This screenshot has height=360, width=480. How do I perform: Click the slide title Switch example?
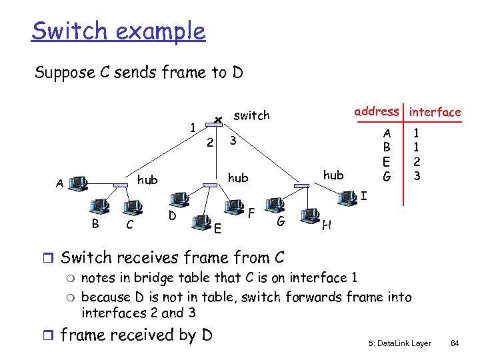point(119,31)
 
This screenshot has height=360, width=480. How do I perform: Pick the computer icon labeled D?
point(178,199)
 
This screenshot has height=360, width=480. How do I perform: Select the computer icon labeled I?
point(347,197)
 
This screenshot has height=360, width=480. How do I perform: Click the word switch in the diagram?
point(251,115)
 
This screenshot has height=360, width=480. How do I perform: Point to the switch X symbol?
point(217,120)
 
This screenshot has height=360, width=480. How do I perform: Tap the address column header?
point(377,111)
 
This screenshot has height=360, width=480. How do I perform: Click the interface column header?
point(435,112)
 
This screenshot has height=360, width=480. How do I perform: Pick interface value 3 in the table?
point(417,176)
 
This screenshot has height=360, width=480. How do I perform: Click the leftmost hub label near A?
point(147,179)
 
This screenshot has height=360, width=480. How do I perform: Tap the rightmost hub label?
point(333,175)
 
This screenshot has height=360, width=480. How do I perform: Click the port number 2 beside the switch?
point(209,142)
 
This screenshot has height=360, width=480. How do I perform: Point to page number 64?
point(455,343)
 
